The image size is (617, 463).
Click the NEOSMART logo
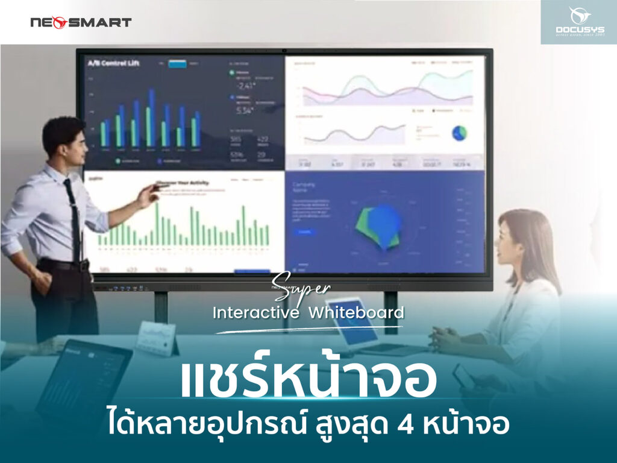(81, 23)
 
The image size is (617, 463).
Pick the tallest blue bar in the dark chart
(151, 118)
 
